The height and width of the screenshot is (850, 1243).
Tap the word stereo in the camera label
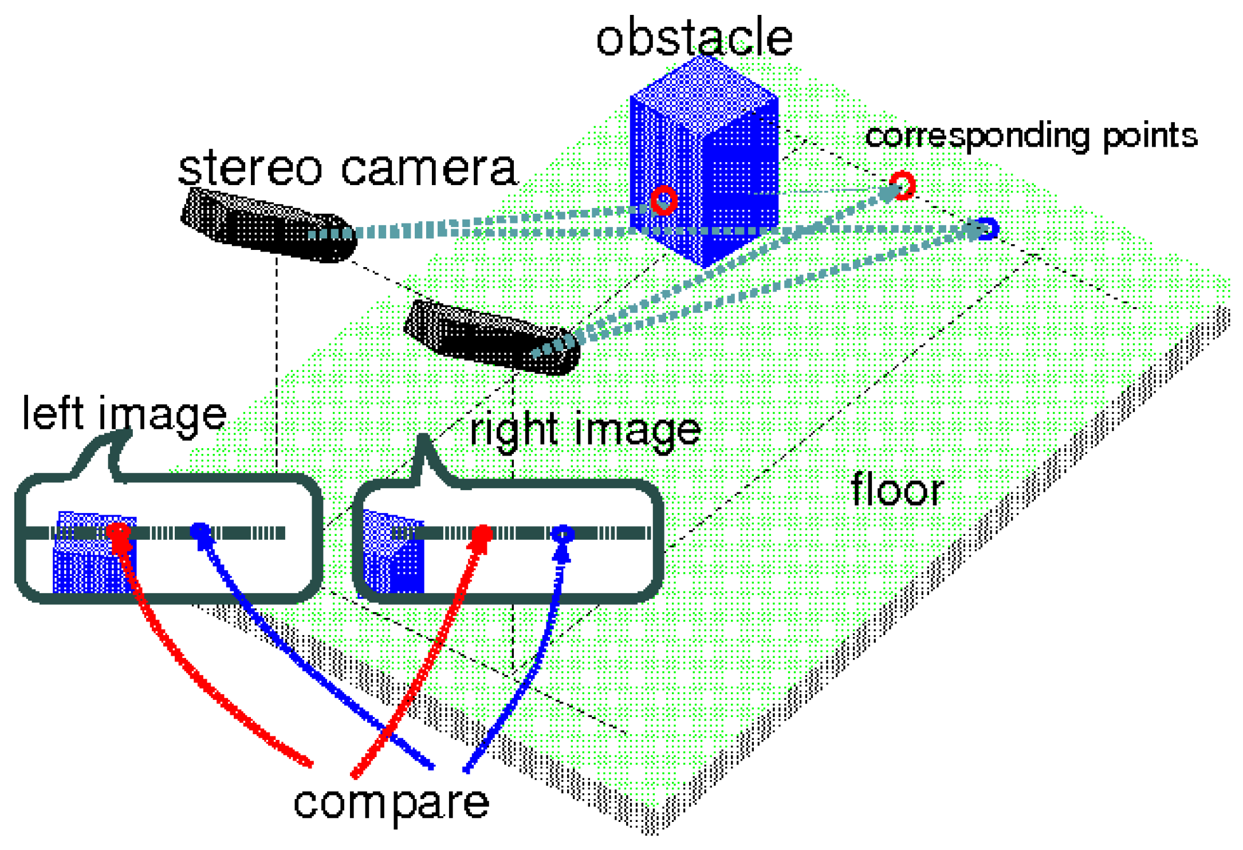coord(250,167)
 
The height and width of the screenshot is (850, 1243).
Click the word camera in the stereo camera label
coord(429,169)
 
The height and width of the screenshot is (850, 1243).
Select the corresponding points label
coord(1031,136)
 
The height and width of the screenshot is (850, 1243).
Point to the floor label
coord(897,490)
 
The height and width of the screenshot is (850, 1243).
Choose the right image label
coord(585,430)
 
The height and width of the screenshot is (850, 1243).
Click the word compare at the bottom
coord(391,802)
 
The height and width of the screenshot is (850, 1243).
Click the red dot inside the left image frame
coord(119,531)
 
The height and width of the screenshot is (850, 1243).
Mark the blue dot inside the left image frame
coord(199,530)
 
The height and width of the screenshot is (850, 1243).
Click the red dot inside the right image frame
coord(482,534)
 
